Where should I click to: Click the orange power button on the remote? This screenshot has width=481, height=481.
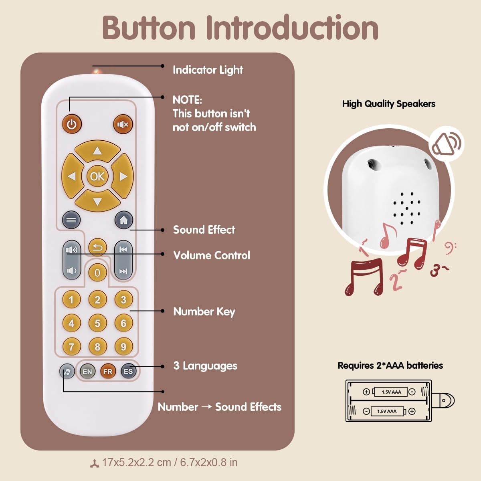click(72, 124)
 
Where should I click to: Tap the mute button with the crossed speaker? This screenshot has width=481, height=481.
click(123, 124)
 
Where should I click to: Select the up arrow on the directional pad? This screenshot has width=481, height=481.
click(97, 151)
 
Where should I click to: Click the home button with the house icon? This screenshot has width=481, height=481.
click(123, 220)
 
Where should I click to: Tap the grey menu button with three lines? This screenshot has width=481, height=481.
click(71, 220)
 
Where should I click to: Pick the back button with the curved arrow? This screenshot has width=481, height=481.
click(97, 247)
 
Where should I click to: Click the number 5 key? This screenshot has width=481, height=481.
click(97, 323)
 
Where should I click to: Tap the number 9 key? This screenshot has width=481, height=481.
click(123, 347)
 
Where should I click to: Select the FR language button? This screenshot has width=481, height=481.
click(107, 372)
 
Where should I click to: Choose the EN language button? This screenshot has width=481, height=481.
click(87, 372)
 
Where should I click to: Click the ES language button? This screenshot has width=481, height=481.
click(128, 372)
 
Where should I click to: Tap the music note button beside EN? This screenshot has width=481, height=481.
click(67, 372)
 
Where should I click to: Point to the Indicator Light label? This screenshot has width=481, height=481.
click(208, 70)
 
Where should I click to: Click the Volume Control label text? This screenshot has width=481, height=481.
click(211, 255)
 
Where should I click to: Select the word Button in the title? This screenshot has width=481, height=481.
click(149, 28)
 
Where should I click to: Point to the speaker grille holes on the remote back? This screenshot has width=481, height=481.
click(406, 208)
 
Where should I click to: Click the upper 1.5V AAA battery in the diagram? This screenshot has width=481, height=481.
click(391, 392)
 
